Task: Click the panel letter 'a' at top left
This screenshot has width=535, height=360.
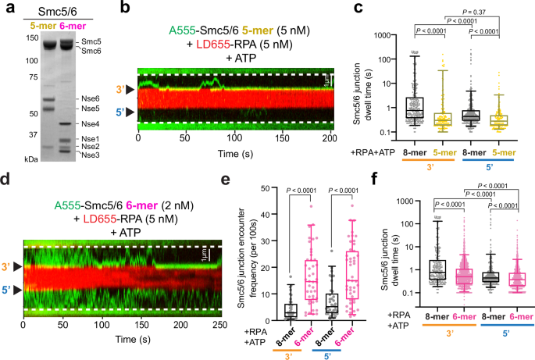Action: pos(6,9)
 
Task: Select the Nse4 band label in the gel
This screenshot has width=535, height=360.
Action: pos(91,124)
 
